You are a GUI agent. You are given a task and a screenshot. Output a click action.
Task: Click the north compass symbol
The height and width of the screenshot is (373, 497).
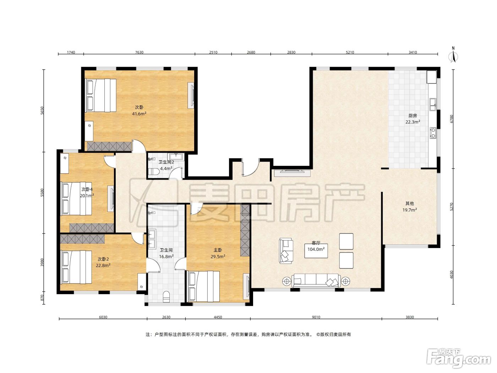pyautogui.click(x=453, y=55)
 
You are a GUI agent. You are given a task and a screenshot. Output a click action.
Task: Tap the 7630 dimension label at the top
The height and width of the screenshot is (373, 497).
pyautogui.click(x=139, y=52)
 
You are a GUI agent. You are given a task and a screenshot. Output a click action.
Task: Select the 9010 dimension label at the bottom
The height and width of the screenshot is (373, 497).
pyautogui.click(x=316, y=317)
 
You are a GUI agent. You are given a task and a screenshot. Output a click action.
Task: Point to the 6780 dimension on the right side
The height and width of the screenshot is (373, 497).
pyautogui.click(x=452, y=119)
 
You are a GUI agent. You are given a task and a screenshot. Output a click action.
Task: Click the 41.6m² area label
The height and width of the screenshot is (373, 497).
pyautogui.click(x=139, y=114)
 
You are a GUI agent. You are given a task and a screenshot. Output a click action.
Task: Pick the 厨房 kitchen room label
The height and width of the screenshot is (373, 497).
pyautogui.click(x=413, y=115)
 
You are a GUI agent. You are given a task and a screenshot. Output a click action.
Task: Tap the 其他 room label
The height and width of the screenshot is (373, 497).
pyautogui.click(x=410, y=203)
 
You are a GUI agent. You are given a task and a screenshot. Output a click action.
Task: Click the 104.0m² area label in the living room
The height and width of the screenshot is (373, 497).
pyautogui.click(x=316, y=249)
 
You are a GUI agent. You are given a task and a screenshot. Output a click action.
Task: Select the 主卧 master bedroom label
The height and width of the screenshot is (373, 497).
pyautogui.click(x=218, y=250)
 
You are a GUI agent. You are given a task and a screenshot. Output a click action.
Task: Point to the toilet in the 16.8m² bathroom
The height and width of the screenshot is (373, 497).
pyautogui.click(x=166, y=297)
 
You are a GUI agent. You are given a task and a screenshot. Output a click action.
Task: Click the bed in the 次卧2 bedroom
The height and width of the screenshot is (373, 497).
pyautogui.click(x=76, y=267)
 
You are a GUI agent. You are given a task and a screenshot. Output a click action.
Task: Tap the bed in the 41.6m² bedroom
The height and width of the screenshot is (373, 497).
pyautogui.click(x=100, y=95)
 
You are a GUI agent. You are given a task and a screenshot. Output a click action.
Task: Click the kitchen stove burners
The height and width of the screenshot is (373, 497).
pyautogui.click(x=433, y=133)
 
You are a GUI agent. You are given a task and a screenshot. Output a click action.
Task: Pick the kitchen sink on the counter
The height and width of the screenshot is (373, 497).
pyautogui.click(x=433, y=105)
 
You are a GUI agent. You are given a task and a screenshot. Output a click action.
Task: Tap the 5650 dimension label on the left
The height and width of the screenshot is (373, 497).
pyautogui.click(x=42, y=110)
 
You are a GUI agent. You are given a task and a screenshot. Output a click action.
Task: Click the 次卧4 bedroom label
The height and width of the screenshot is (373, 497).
pyautogui.click(x=87, y=189)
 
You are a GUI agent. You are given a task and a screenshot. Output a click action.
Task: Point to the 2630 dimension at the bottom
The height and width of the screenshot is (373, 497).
pyautogui.click(x=166, y=317)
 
